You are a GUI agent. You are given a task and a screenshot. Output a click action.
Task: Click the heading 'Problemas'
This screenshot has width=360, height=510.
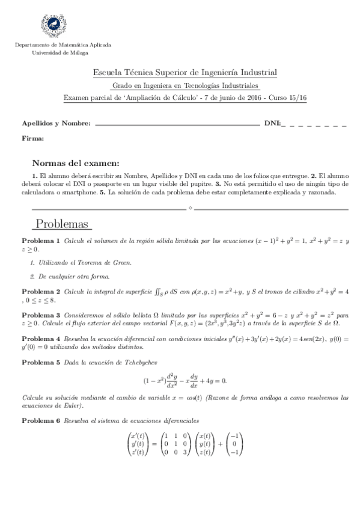[x=63, y=224]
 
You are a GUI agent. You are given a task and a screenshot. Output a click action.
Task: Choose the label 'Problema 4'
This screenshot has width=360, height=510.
[x=41, y=339]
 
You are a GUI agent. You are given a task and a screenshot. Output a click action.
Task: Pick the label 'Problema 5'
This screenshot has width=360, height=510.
[x=41, y=363]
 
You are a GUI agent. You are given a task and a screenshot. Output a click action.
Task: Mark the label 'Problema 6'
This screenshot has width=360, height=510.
[x=41, y=420]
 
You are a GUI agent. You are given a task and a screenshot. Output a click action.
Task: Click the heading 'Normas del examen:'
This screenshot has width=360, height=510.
[x=75, y=162]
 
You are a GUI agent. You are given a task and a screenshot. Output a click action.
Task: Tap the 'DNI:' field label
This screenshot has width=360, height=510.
[x=272, y=124]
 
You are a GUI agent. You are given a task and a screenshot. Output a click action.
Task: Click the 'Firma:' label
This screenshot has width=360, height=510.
[x=32, y=138]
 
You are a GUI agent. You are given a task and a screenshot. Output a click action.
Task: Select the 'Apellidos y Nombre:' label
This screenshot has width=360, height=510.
[x=56, y=124]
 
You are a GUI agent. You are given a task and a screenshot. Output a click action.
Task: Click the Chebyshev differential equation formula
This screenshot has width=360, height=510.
[x=185, y=381]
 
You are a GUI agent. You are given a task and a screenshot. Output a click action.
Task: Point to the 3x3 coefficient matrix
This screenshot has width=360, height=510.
[x=177, y=444]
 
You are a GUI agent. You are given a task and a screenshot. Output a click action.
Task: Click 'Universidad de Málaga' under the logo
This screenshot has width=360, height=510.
[x=59, y=52]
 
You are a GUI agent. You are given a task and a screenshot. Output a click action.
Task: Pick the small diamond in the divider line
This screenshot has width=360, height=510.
[x=190, y=208]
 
